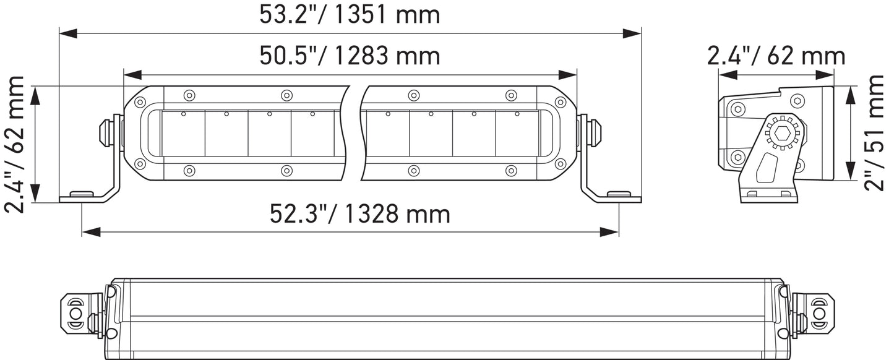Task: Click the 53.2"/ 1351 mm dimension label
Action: click(350, 15)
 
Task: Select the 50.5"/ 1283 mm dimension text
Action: click(350, 56)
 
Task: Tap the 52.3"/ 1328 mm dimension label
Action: click(360, 214)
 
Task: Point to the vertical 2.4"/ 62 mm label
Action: click(15, 144)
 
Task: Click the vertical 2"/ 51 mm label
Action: click(877, 134)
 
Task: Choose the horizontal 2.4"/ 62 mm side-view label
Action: click(776, 56)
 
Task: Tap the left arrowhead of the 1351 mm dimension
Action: click(68, 33)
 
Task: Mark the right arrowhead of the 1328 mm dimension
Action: click(609, 231)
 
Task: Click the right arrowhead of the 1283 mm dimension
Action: click(567, 75)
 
